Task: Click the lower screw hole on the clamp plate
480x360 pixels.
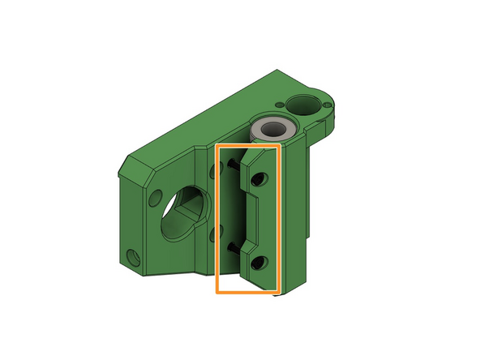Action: click(259, 263)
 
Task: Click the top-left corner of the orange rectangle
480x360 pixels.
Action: click(217, 146)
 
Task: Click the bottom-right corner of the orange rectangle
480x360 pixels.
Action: click(279, 291)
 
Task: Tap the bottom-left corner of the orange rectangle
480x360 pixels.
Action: click(217, 291)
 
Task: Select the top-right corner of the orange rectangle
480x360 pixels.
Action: click(279, 146)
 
